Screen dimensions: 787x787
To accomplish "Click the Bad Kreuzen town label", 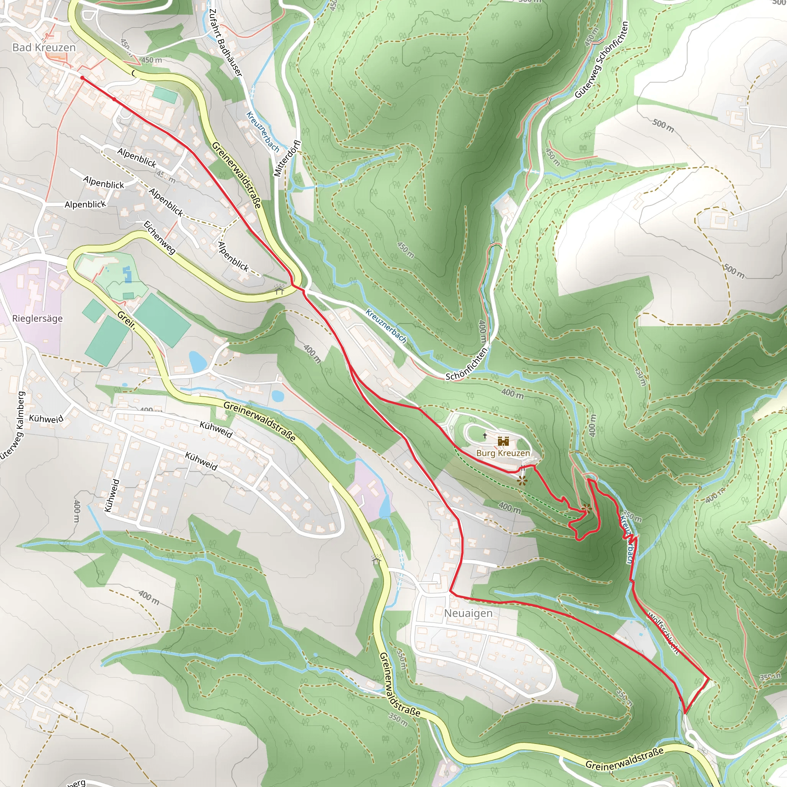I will pyautogui.click(x=44, y=48).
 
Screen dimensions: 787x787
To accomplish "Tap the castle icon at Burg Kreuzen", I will pyautogui.click(x=503, y=441).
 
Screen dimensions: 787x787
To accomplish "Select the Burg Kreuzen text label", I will pyautogui.click(x=503, y=453).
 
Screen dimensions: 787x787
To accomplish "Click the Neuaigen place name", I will pyautogui.click(x=468, y=613).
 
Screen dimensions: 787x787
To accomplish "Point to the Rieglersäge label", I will pyautogui.click(x=38, y=318).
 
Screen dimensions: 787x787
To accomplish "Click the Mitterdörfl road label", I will pyautogui.click(x=287, y=158).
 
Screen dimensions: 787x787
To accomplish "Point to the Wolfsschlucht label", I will pyautogui.click(x=663, y=634).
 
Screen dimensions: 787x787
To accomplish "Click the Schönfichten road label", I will pyautogui.click(x=467, y=364).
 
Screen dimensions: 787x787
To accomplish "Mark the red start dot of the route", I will pyautogui.click(x=82, y=77).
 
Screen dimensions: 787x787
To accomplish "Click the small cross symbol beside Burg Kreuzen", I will pyautogui.click(x=485, y=435).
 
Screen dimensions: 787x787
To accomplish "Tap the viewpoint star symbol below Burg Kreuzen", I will pyautogui.click(x=522, y=481).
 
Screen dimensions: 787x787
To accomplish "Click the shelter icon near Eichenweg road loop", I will pyautogui.click(x=279, y=289).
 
